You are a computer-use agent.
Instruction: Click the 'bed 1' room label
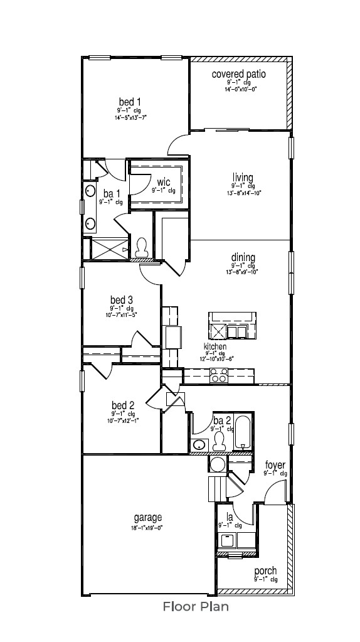click(x=130, y=102)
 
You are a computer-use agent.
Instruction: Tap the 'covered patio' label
click(x=238, y=74)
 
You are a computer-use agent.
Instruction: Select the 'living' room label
click(x=242, y=177)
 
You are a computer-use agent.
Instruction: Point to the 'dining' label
click(x=243, y=257)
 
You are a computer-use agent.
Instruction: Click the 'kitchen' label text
click(x=215, y=346)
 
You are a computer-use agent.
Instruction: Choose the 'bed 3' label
click(x=122, y=300)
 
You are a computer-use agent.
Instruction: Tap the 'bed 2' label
click(x=123, y=405)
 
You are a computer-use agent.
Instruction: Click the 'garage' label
click(x=148, y=518)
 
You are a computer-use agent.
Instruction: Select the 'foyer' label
click(x=275, y=465)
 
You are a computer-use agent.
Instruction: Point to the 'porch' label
click(x=265, y=571)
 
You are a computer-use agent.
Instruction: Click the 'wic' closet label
click(x=164, y=182)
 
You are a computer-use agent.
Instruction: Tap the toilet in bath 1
click(x=141, y=249)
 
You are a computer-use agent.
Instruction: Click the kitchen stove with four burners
click(x=219, y=375)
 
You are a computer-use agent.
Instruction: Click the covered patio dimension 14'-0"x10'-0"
click(x=241, y=90)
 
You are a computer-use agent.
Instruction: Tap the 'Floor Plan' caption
click(x=196, y=606)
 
